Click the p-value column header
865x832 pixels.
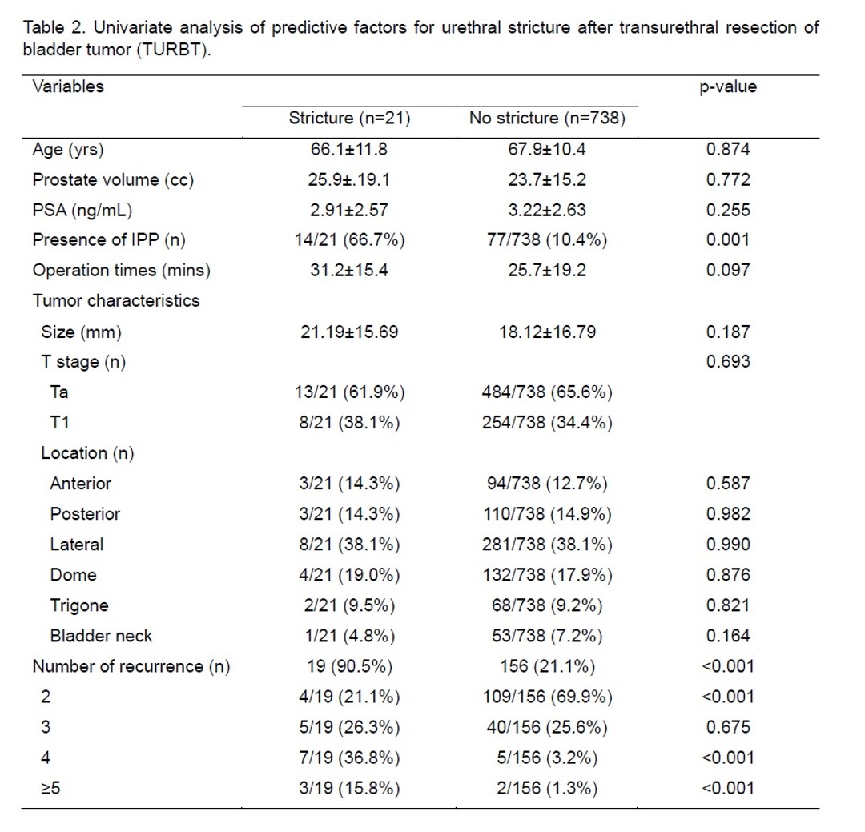pyautogui.click(x=727, y=87)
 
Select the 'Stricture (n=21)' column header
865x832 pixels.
pyautogui.click(x=349, y=118)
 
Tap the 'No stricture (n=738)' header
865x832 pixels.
pyautogui.click(x=547, y=118)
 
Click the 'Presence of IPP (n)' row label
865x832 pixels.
pyautogui.click(x=109, y=240)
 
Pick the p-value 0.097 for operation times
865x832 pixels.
pyautogui.click(x=727, y=271)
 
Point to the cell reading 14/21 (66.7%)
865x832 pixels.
pyautogui.click(x=349, y=240)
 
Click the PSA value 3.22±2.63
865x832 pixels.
pyautogui.click(x=547, y=211)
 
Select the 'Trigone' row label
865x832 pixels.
pyautogui.click(x=78, y=606)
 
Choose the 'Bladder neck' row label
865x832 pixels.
pyautogui.click(x=101, y=636)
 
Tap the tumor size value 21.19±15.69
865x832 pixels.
pyautogui.click(x=349, y=332)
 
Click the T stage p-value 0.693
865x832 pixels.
pyautogui.click(x=727, y=362)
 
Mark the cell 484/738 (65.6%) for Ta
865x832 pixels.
pyautogui.click(x=547, y=392)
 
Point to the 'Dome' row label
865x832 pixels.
pyautogui.click(x=74, y=575)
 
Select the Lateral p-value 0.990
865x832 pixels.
pyautogui.click(x=727, y=545)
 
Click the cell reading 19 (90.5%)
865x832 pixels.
pyautogui.click(x=349, y=666)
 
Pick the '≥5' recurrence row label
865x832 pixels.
pyautogui.click(x=50, y=789)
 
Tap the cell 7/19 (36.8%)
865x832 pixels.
pyautogui.click(x=349, y=758)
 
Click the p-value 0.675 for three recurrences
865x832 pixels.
pyautogui.click(x=727, y=727)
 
